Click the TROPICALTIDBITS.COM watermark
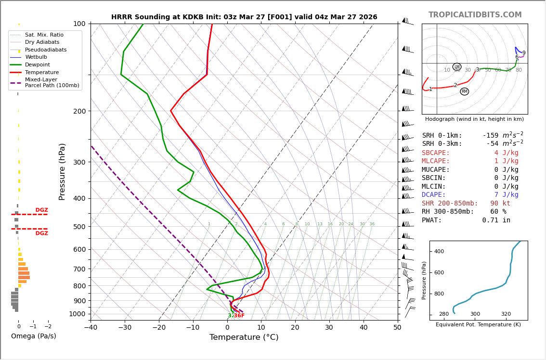coord(475,15)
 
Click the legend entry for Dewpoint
coord(38,64)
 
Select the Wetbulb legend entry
coord(37,57)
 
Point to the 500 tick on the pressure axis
coord(79,227)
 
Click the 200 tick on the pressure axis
coord(79,111)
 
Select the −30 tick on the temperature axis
coord(125,328)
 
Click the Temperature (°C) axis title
coord(244,337)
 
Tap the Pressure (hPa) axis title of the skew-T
coord(62,171)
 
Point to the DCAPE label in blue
coord(434,195)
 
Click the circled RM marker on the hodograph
coord(464,91)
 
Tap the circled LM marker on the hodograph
coord(457,67)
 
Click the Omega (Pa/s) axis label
coord(33,336)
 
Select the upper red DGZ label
coord(41,210)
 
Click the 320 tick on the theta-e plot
coord(506,314)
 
